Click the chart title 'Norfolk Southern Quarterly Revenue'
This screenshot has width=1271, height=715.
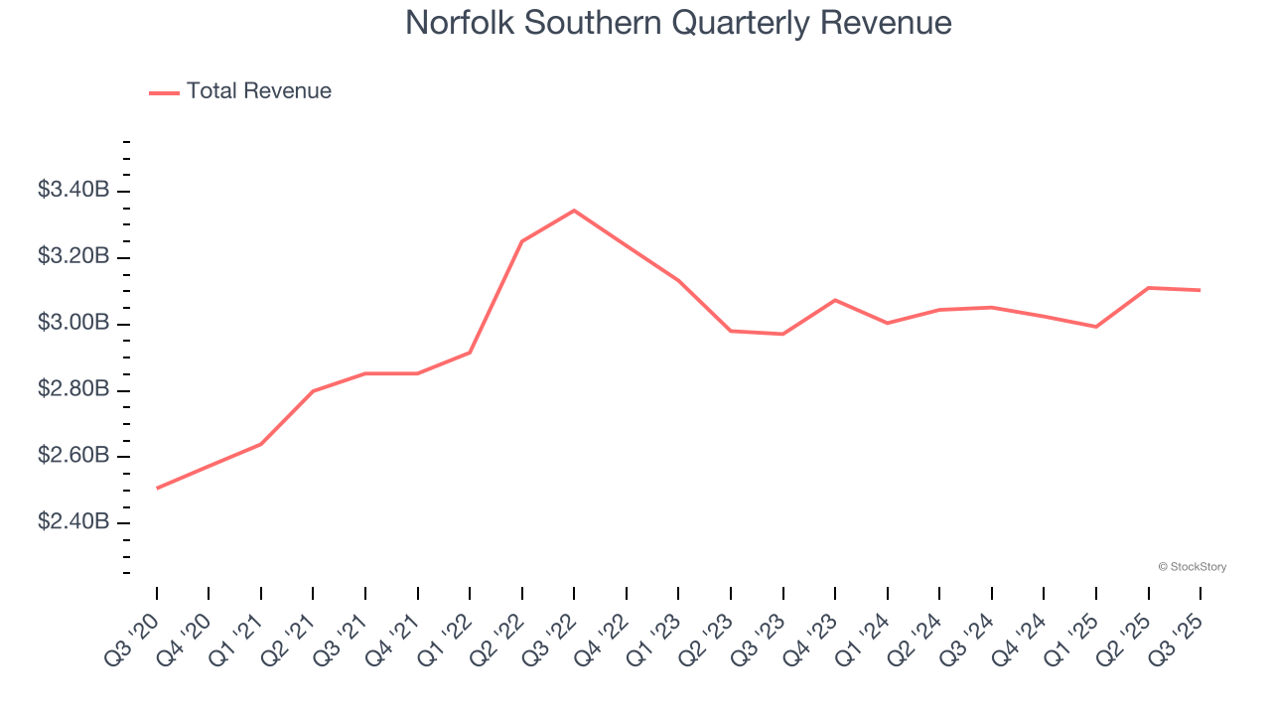pos(678,23)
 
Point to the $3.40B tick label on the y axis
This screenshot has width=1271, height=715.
pos(72,190)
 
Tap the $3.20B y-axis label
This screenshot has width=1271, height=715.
pos(72,256)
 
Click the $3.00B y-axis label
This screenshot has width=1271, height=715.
pos(72,323)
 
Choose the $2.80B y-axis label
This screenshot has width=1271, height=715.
pos(72,389)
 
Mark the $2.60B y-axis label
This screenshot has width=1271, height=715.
pos(72,456)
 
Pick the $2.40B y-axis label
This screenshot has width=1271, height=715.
pos(72,522)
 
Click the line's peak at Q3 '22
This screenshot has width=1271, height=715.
pos(574,211)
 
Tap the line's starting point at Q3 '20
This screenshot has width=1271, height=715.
pos(157,488)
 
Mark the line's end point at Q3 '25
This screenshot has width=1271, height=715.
pos(1200,290)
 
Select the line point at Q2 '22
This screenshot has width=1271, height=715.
pos(522,241)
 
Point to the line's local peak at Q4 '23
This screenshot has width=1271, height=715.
pos(835,300)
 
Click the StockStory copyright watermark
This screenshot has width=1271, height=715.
pos(1192,567)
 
